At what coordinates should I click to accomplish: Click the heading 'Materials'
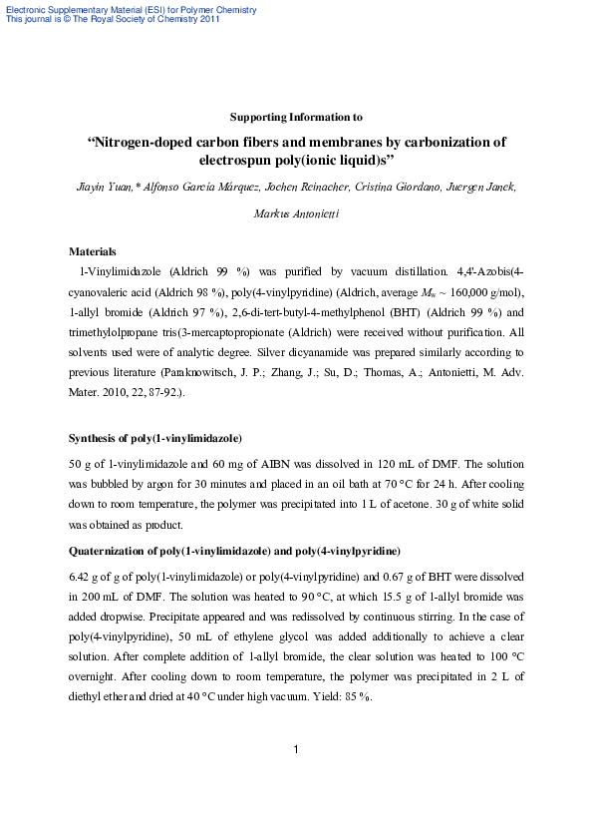pyautogui.click(x=92, y=251)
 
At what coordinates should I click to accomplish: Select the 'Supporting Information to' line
pyautogui.click(x=296, y=117)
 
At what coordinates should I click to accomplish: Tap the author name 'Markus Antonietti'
pyautogui.click(x=296, y=213)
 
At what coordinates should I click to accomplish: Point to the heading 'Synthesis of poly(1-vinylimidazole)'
pyautogui.click(x=154, y=438)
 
